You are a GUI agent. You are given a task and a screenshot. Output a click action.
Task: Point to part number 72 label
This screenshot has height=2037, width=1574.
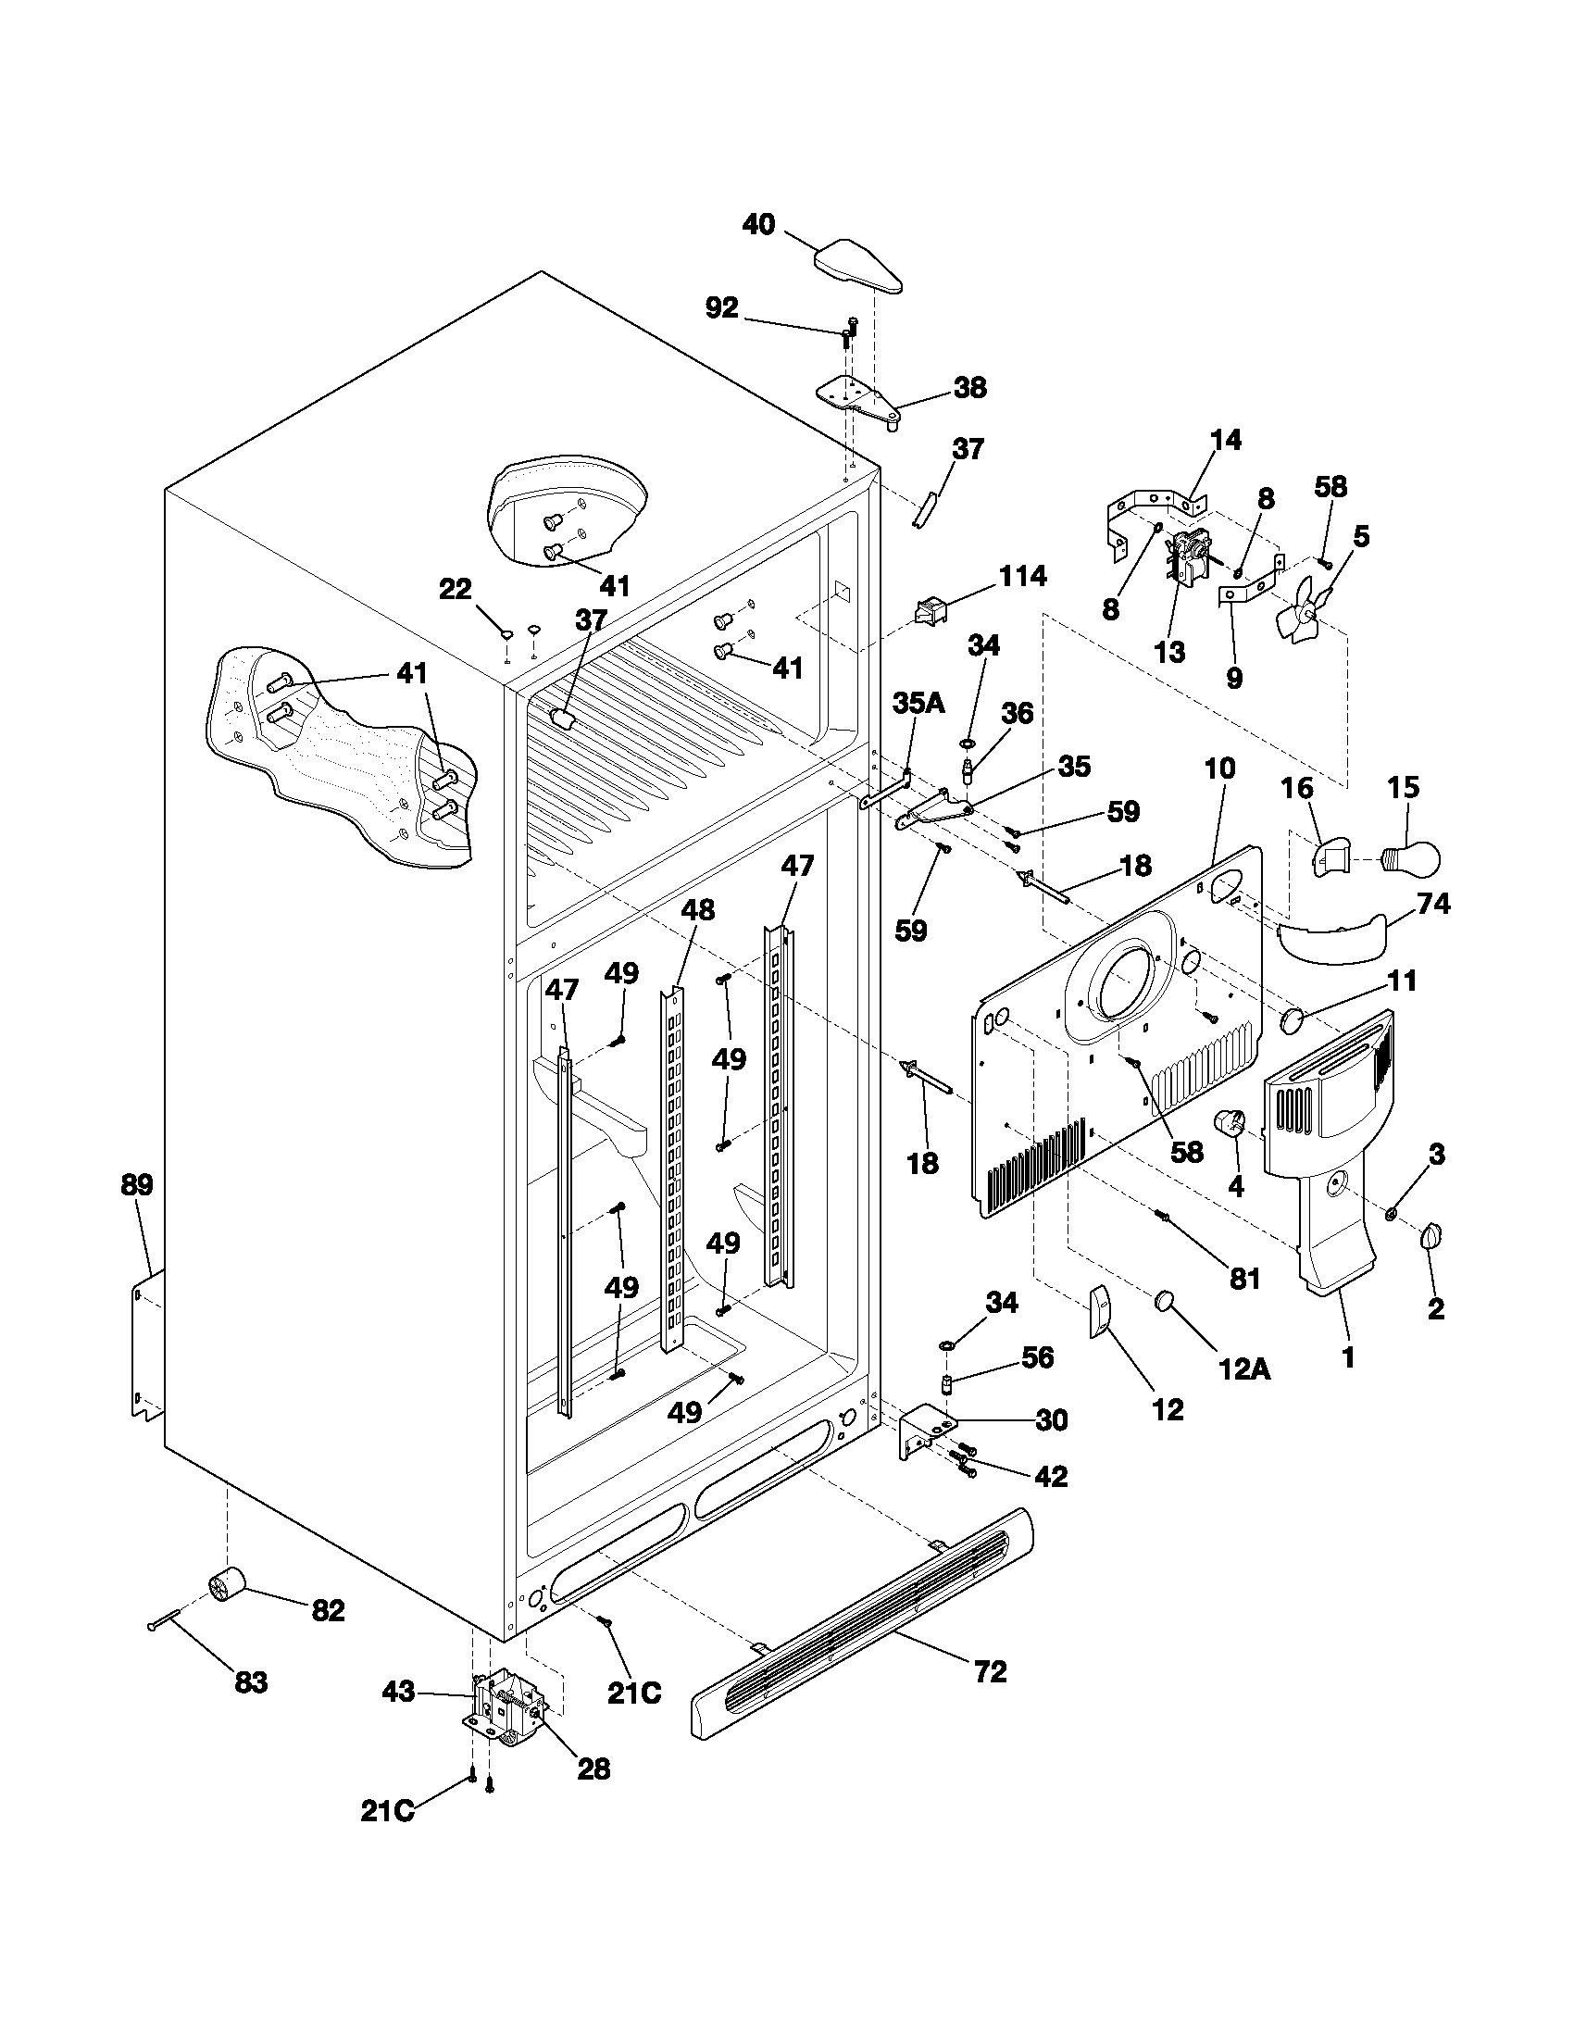tap(991, 1671)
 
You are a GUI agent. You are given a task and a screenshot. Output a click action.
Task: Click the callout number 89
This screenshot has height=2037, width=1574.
tap(137, 1185)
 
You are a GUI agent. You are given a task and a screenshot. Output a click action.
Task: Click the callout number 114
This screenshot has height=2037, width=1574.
tap(1023, 577)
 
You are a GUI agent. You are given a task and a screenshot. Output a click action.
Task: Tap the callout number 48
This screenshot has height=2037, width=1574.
tap(697, 910)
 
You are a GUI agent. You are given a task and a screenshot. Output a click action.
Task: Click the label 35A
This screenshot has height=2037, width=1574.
tap(918, 704)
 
